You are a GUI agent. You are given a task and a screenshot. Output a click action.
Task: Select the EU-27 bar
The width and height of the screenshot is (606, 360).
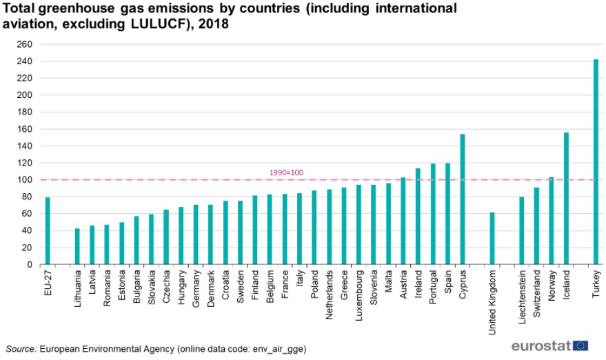(48, 231)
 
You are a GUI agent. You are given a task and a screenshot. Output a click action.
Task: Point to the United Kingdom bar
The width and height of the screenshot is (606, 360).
(492, 239)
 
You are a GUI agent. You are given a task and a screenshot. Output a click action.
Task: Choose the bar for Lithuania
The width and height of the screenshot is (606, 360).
(77, 246)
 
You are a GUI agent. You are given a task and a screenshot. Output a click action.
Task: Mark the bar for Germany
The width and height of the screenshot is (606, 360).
(196, 234)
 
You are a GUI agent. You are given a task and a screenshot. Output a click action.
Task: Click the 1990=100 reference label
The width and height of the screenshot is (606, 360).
(286, 172)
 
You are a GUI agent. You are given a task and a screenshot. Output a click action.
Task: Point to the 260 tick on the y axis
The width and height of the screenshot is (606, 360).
(24, 44)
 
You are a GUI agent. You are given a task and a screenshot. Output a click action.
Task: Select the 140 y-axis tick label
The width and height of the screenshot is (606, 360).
(24, 146)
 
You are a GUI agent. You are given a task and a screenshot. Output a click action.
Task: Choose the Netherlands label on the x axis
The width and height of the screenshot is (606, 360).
(330, 294)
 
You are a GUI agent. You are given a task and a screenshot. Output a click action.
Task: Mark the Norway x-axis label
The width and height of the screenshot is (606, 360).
(552, 286)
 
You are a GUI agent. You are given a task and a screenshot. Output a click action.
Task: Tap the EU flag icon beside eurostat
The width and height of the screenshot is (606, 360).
(580, 346)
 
